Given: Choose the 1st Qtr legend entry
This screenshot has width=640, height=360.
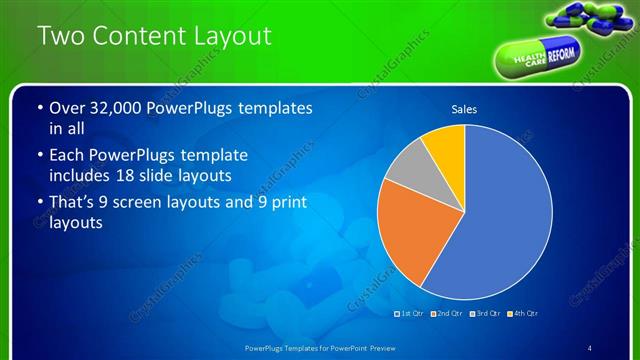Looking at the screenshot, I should click(x=411, y=314).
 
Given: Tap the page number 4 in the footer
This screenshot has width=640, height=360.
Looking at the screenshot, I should click(x=590, y=348).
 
